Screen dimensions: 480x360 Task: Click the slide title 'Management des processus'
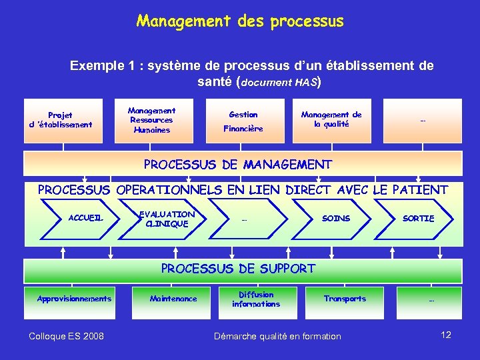point(240,21)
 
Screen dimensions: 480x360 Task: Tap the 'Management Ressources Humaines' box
point(151,121)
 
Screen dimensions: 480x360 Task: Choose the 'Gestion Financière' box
point(243,121)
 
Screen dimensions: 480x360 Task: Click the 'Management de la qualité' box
point(331,120)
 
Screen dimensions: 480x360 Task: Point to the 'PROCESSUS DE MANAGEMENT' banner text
point(238,164)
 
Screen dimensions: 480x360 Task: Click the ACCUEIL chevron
point(86,219)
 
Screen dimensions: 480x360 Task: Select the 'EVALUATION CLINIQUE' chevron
point(166,219)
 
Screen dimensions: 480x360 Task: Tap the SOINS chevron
point(336,219)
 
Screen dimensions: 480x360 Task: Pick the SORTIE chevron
point(418,219)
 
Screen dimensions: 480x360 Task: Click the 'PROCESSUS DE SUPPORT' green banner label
point(238,269)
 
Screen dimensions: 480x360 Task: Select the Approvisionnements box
point(74,299)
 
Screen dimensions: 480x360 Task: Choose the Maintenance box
point(173,299)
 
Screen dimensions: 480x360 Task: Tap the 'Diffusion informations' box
point(256,299)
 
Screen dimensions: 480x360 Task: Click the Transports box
point(345,299)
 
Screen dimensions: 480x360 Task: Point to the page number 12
point(446,335)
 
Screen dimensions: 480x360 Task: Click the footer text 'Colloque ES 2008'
point(66,336)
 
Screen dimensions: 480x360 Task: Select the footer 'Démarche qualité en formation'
point(277,336)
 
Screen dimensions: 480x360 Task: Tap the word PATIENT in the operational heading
point(420,190)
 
